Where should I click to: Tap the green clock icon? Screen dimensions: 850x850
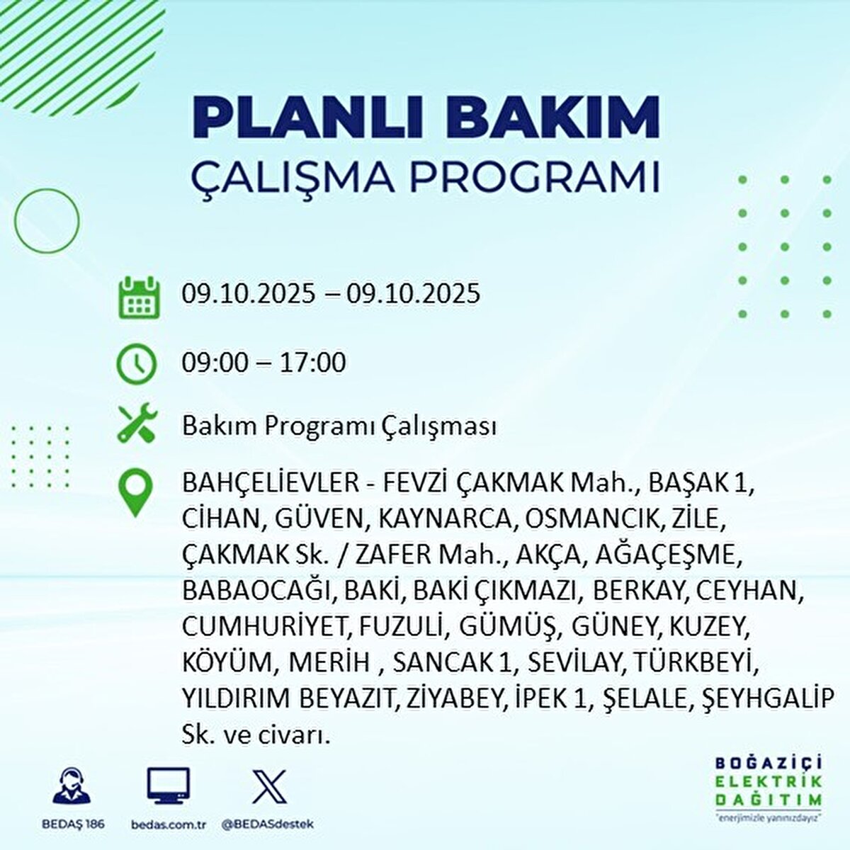click(x=136, y=364)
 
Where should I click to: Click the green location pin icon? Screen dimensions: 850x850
click(x=135, y=493)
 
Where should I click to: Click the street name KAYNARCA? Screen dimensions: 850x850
click(x=445, y=520)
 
